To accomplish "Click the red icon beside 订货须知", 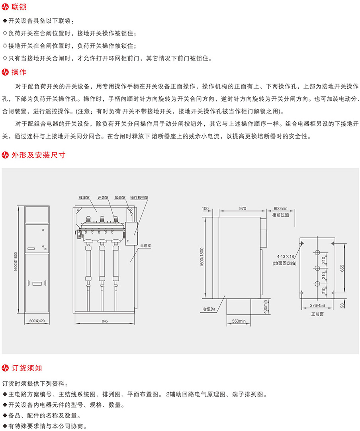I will point(6,367).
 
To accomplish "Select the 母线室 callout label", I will point(84,197).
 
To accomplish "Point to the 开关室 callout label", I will point(103,197).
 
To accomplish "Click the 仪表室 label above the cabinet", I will point(120,197).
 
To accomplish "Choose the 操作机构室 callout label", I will point(139,197).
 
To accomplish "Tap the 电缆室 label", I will point(146,247).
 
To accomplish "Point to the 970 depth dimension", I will point(243,208).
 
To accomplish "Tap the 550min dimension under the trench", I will point(239,321).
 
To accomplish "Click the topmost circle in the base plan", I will point(317,253).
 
